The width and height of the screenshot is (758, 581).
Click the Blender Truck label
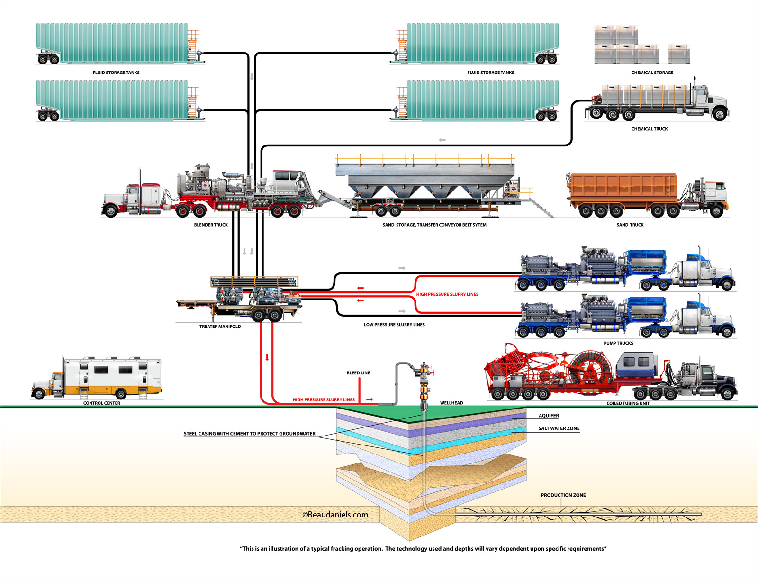click(211, 225)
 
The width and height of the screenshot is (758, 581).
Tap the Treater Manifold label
click(220, 327)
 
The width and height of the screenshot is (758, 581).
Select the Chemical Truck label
click(649, 129)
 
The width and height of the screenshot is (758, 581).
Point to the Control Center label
click(102, 403)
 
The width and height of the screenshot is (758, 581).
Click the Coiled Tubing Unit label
click(628, 403)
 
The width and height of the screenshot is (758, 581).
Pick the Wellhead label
click(451, 403)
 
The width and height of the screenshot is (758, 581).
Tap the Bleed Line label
click(358, 373)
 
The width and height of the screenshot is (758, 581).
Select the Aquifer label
click(549, 416)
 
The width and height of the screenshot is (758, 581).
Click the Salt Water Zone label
click(559, 428)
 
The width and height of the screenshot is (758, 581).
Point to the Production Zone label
click(563, 495)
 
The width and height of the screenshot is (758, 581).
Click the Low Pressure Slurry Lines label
click(394, 325)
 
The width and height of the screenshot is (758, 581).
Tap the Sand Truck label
click(630, 225)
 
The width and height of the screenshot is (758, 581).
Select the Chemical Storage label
click(652, 73)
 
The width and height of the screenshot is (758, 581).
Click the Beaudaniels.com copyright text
click(335, 515)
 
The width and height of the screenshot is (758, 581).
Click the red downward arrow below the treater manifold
click(267, 357)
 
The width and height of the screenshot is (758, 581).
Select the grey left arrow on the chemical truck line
click(442, 140)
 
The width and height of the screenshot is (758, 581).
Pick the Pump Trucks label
click(618, 343)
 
